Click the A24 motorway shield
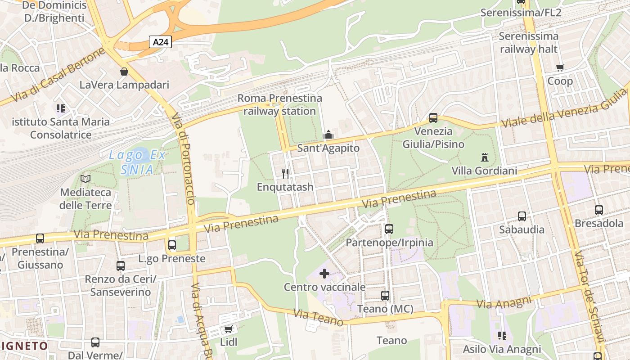(161, 42)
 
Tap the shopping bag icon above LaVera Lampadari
(124, 72)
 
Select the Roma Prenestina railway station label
(279, 104)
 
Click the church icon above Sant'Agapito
(328, 135)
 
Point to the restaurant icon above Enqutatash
(285, 174)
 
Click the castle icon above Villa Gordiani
(484, 157)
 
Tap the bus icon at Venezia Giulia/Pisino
(433, 118)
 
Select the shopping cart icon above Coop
(560, 68)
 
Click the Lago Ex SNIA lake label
(137, 162)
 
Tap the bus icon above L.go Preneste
(171, 245)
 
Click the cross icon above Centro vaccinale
(324, 274)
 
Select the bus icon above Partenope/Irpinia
(389, 229)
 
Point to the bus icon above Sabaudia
(522, 216)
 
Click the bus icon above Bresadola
(598, 210)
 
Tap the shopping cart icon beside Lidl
(228, 329)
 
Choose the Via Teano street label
(318, 317)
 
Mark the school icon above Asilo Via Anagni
(502, 336)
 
